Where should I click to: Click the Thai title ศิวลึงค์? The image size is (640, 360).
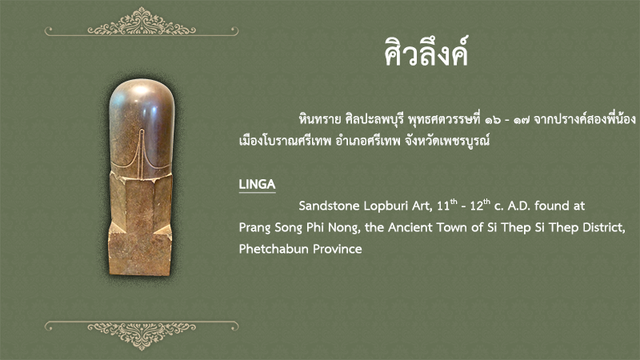click(426, 51)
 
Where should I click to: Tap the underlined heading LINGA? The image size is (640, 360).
click(257, 185)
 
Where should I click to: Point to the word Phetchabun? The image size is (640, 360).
click(268, 249)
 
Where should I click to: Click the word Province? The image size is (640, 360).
click(331, 249)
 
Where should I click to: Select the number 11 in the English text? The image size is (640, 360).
click(443, 206)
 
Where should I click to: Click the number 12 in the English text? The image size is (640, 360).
click(476, 206)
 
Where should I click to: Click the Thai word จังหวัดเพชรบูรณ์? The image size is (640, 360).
click(447, 142)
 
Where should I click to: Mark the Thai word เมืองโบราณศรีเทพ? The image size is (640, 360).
click(285, 142)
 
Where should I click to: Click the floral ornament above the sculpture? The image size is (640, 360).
click(142, 22)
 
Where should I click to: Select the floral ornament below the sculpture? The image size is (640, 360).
click(142, 335)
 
